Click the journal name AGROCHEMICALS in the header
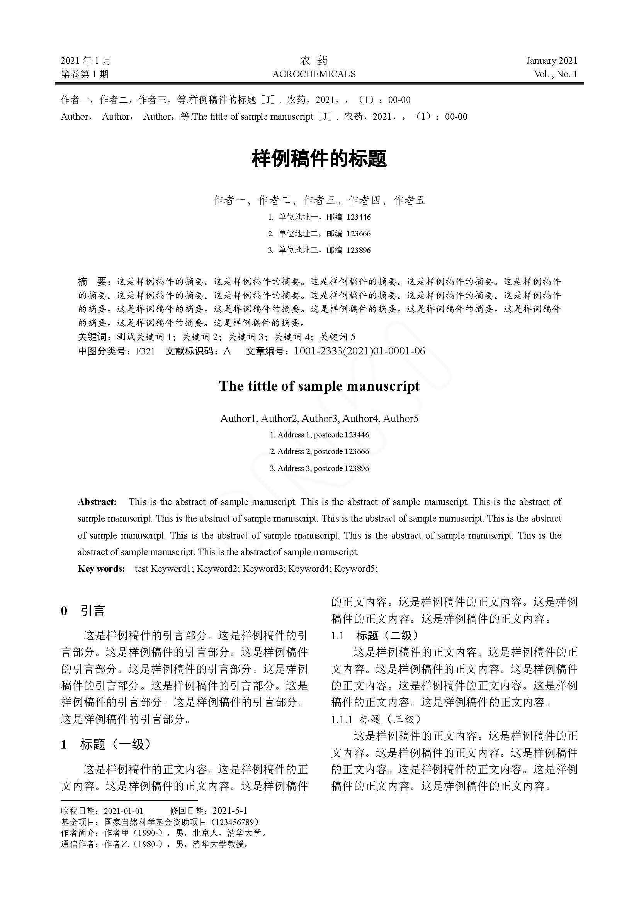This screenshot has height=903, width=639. (314, 74)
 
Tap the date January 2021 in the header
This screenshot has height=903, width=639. (552, 61)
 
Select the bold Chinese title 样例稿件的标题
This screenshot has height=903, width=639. (319, 159)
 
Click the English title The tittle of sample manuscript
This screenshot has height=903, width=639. (319, 386)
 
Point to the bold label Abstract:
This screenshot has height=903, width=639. (97, 502)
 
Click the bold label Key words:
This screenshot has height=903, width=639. (101, 569)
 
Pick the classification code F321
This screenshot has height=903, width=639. (145, 351)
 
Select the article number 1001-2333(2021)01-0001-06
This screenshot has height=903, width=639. (359, 351)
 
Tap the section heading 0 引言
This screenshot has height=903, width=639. (83, 611)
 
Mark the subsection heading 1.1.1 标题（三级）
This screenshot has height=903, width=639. (376, 719)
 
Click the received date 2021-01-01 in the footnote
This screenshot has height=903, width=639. (123, 811)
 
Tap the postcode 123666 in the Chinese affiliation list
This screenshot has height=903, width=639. (359, 234)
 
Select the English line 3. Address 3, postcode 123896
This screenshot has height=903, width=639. (319, 468)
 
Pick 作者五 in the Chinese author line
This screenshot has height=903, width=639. (410, 201)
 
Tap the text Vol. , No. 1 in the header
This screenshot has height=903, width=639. (555, 74)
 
